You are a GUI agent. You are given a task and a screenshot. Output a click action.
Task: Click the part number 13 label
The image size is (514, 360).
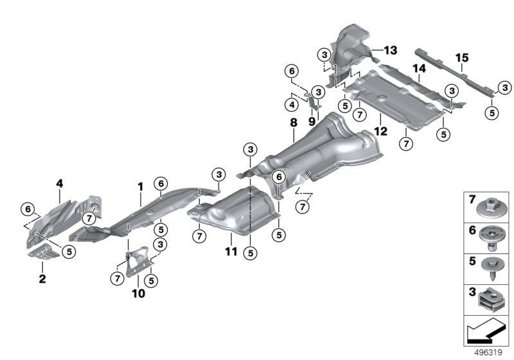pyautogui.click(x=391, y=50)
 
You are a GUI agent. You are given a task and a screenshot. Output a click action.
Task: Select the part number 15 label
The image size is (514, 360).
pyautogui.click(x=462, y=58)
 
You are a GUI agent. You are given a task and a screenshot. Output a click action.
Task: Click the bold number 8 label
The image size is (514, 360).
pyautogui.click(x=293, y=122)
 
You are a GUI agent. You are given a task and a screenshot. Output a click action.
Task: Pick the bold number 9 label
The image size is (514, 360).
pyautogui.click(x=312, y=120)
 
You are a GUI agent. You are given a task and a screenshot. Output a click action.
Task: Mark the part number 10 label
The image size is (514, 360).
pyautogui.click(x=138, y=294)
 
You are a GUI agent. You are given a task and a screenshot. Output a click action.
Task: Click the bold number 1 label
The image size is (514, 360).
pyautogui.click(x=139, y=186)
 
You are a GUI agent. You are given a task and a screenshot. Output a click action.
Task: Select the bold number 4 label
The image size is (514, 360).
pyautogui.click(x=59, y=183)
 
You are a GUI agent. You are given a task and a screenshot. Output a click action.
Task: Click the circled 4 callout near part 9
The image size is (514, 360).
pyautogui.click(x=292, y=104)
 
